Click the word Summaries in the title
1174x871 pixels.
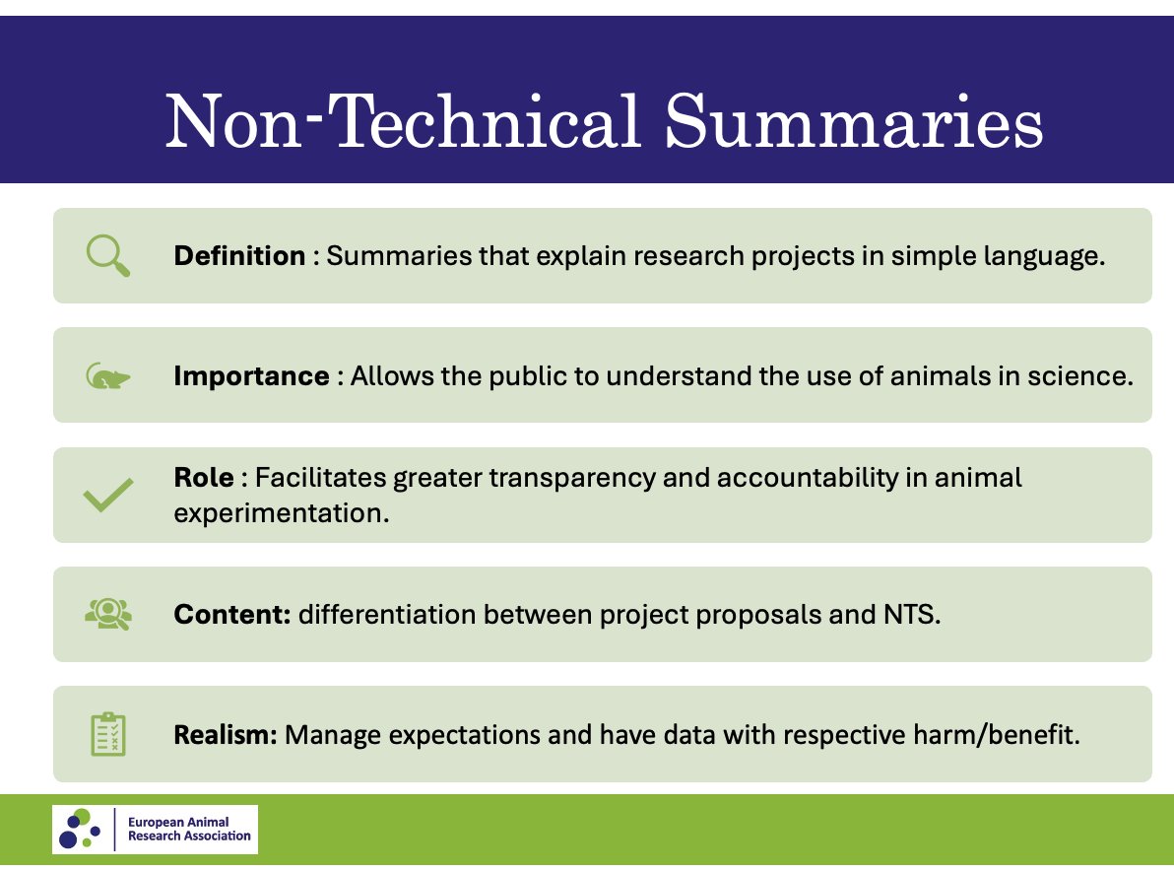pos(854,122)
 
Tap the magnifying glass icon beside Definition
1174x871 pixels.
pos(107,256)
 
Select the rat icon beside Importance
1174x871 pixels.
pos(107,376)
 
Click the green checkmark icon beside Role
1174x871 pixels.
pos(108,495)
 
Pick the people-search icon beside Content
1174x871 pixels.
pos(107,614)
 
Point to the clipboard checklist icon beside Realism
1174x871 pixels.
pos(107,734)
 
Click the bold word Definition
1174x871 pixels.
pos(239,256)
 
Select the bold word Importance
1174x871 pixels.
pos(251,376)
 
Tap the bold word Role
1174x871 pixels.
pos(204,478)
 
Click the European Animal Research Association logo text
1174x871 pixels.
pos(189,829)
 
